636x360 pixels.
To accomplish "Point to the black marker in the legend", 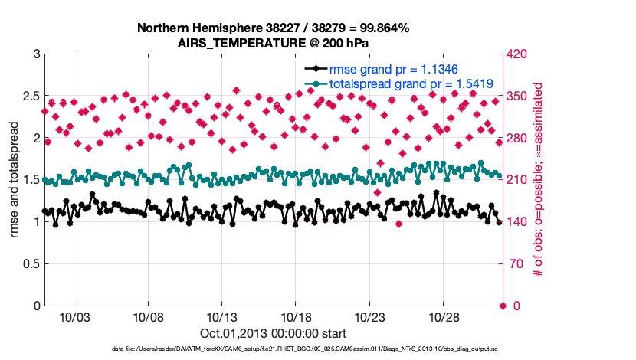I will pyautogui.click(x=313, y=68).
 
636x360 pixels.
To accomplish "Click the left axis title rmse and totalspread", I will pyautogui.click(x=13, y=179).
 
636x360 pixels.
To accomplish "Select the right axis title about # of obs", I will pyautogui.click(x=539, y=179).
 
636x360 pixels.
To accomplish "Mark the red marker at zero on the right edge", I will pyautogui.click(x=503, y=306).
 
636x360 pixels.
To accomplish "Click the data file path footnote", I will pyautogui.click(x=272, y=350).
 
